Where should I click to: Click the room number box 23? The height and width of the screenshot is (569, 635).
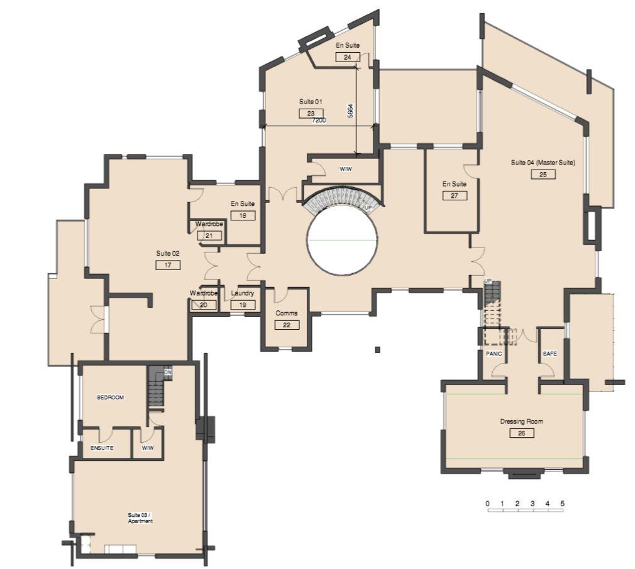pyautogui.click(x=311, y=114)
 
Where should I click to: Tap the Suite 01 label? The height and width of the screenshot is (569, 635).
pyautogui.click(x=311, y=102)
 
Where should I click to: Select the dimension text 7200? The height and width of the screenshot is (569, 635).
pyautogui.click(x=319, y=120)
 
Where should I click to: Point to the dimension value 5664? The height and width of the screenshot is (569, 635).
pyautogui.click(x=351, y=111)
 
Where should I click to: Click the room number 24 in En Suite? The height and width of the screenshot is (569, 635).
pyautogui.click(x=348, y=57)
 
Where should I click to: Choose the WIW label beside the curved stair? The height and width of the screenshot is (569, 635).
pyautogui.click(x=345, y=170)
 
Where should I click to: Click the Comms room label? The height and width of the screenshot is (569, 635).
pyautogui.click(x=286, y=313)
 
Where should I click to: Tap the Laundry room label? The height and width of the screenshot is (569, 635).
pyautogui.click(x=243, y=293)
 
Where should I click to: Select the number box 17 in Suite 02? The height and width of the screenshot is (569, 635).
pyautogui.click(x=168, y=265)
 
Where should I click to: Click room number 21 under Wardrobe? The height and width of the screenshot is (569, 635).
pyautogui.click(x=209, y=236)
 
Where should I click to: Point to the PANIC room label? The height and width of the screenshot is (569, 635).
pyautogui.click(x=494, y=354)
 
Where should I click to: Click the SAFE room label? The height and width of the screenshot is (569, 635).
pyautogui.click(x=549, y=354)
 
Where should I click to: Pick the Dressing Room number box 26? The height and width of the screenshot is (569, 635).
pyautogui.click(x=522, y=433)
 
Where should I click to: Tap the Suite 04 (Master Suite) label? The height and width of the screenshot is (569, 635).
pyautogui.click(x=543, y=163)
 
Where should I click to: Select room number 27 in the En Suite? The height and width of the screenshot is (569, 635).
pyautogui.click(x=455, y=196)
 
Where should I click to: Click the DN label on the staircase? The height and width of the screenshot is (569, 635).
pyautogui.click(x=168, y=372)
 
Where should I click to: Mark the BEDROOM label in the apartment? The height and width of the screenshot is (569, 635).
pyautogui.click(x=110, y=398)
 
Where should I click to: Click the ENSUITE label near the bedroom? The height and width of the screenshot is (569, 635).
pyautogui.click(x=102, y=448)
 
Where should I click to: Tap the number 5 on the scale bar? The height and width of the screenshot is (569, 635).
pyautogui.click(x=563, y=504)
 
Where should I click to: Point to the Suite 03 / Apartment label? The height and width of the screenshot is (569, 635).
pyautogui.click(x=140, y=518)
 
